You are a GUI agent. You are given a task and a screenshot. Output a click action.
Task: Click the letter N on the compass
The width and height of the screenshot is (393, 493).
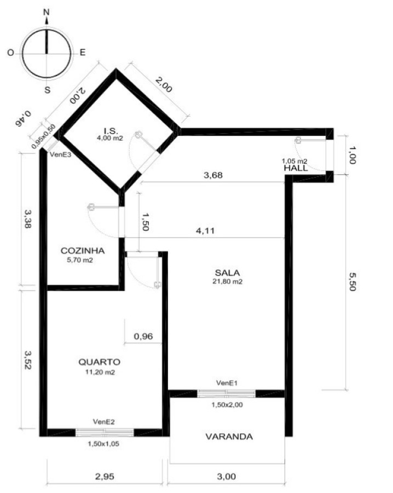click(x=46, y=12)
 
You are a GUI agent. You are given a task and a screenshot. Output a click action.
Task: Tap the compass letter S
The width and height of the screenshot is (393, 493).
click(x=47, y=90)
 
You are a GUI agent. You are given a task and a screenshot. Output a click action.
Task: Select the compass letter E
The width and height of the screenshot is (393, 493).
click(x=82, y=52)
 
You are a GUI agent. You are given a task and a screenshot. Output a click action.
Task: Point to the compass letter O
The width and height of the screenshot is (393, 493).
click(x=11, y=53)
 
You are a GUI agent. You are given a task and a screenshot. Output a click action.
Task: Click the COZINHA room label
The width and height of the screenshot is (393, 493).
click(x=83, y=250)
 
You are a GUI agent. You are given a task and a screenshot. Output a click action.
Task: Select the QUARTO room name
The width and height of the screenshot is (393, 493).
click(x=99, y=362)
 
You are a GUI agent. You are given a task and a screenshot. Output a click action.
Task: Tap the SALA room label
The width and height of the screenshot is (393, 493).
click(x=227, y=273)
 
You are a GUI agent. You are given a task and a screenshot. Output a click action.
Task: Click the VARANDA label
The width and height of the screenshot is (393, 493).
click(x=229, y=437)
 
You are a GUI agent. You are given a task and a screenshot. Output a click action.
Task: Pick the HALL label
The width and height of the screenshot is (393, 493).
click(x=296, y=168)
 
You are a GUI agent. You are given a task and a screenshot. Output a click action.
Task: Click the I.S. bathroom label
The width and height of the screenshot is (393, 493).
click(x=111, y=131)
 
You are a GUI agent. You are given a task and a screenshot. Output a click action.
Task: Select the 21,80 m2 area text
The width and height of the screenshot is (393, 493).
click(x=228, y=282)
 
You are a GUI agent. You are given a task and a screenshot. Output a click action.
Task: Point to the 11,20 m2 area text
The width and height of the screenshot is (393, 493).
click(x=100, y=372)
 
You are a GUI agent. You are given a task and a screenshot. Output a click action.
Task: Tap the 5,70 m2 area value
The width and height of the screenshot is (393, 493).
click(x=80, y=260)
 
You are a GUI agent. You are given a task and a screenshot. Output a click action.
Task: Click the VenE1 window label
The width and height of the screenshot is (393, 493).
click(x=227, y=383)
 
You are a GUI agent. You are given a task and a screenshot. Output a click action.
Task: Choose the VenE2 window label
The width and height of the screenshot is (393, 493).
click(x=103, y=422)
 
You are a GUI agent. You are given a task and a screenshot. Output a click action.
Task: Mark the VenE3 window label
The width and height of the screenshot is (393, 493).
click(x=60, y=154)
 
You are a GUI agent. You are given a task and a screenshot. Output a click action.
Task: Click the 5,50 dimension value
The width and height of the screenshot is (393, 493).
click(x=352, y=282)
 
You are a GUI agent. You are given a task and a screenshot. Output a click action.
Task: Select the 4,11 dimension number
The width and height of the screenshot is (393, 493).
click(x=205, y=231)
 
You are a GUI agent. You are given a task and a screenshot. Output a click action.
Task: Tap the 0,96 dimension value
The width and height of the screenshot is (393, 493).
click(x=143, y=336)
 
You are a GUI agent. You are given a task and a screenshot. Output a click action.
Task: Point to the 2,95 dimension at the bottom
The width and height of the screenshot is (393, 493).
click(x=105, y=477)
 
